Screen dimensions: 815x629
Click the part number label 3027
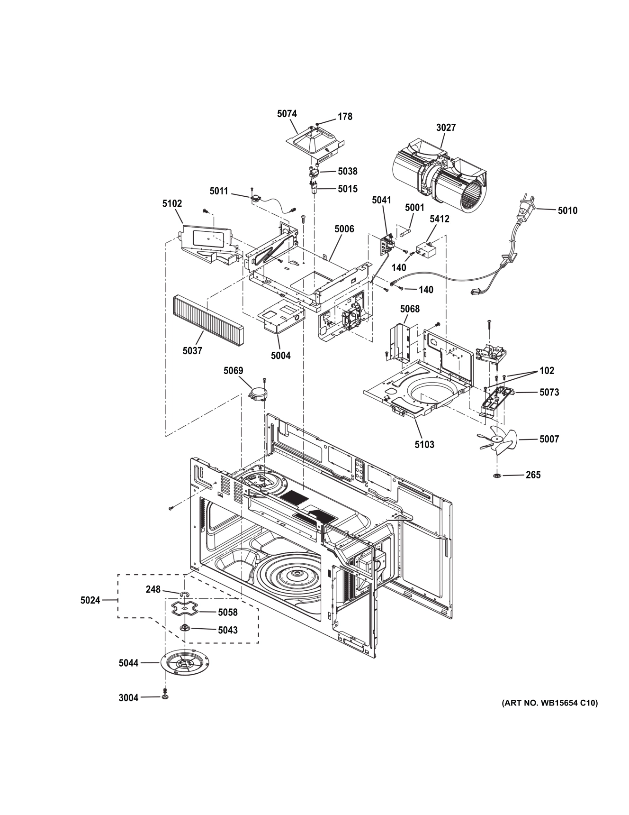[x=446, y=128]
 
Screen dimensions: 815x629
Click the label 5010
[x=567, y=211]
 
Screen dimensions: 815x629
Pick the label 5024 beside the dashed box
[x=90, y=600]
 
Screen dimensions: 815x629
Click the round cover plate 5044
[x=185, y=663]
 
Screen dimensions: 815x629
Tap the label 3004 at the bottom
[x=128, y=697]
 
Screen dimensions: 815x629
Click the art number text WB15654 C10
[x=549, y=703]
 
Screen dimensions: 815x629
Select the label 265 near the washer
[x=533, y=475]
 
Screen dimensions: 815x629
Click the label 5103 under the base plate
[x=424, y=445]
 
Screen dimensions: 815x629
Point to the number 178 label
[x=345, y=117]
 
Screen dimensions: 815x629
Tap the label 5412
[x=440, y=219]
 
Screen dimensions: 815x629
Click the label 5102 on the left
[x=172, y=203]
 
